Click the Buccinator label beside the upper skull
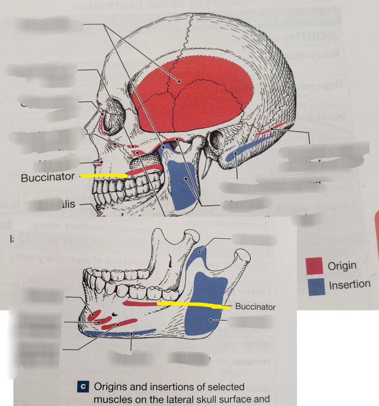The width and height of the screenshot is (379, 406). [47, 177]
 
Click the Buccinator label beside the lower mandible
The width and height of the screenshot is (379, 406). [255, 307]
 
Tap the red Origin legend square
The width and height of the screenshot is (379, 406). [314, 266]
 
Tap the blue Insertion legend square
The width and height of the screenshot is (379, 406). [316, 286]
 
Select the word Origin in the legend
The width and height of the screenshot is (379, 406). [342, 266]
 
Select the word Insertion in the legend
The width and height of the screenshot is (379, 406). [349, 284]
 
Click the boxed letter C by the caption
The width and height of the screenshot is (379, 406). [83, 387]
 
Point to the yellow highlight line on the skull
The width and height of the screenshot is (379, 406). [104, 176]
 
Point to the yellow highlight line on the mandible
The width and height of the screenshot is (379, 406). [193, 305]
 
